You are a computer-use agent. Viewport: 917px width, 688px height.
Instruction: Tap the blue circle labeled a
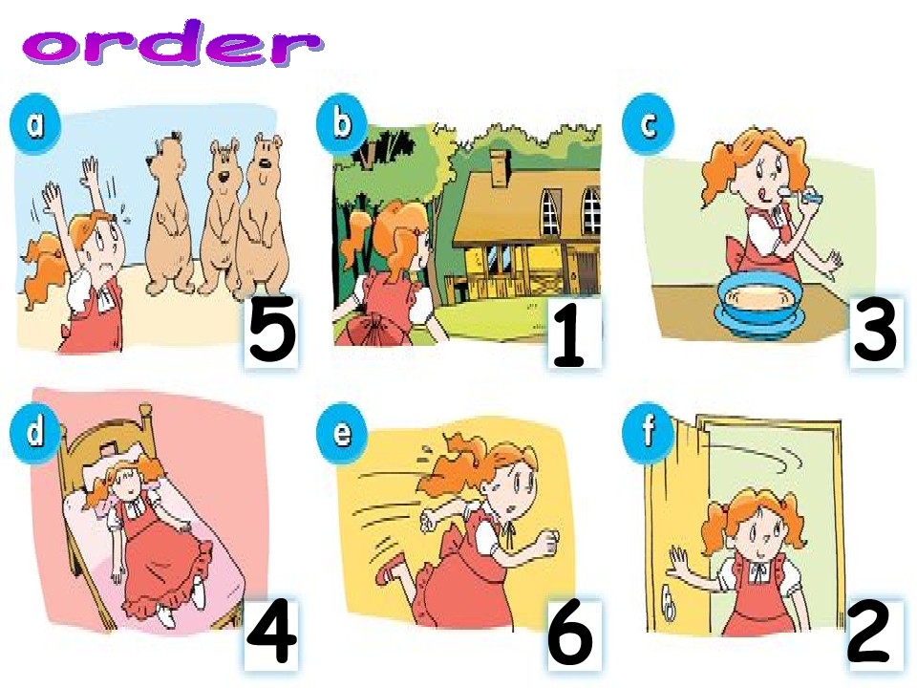click(35, 124)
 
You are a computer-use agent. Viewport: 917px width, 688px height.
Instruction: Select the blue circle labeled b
click(342, 124)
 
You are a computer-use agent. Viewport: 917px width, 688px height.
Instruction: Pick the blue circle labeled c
click(648, 124)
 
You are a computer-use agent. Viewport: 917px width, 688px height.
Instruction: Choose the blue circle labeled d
click(35, 431)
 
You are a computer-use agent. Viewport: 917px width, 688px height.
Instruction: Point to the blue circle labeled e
click(342, 433)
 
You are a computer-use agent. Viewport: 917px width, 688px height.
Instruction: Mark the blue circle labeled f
click(648, 432)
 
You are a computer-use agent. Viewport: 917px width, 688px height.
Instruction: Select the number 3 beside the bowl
click(874, 330)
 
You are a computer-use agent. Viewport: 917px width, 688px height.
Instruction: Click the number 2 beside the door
click(868, 631)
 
